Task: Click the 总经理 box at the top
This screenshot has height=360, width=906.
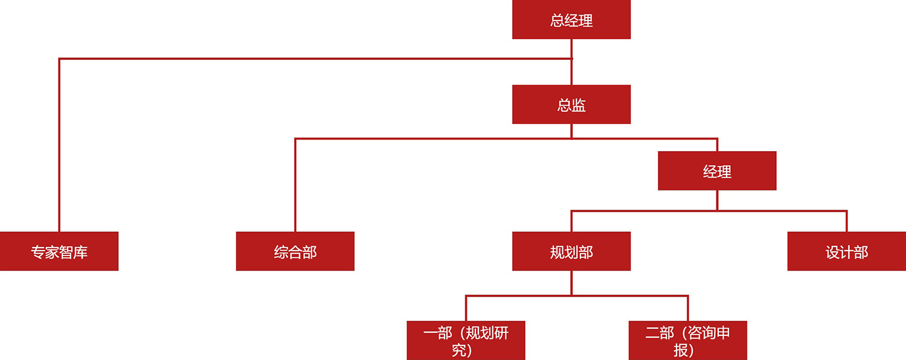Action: click(571, 20)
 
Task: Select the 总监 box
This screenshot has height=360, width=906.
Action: click(571, 104)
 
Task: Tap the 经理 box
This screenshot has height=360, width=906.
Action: click(717, 171)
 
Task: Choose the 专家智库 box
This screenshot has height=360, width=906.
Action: click(59, 251)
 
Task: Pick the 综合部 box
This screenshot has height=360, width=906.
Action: click(295, 251)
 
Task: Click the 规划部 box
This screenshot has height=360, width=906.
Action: click(571, 251)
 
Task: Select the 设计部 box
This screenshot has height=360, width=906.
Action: click(846, 251)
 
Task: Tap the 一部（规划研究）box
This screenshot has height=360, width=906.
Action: click(466, 341)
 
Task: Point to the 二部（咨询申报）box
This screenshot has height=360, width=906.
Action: click(688, 341)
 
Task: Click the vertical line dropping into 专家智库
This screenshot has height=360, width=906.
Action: click(59, 145)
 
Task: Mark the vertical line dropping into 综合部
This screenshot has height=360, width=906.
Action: click(295, 184)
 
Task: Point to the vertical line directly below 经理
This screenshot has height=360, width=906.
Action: click(717, 200)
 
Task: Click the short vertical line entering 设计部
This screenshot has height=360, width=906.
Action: click(847, 221)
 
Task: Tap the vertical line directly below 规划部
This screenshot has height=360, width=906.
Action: click(571, 283)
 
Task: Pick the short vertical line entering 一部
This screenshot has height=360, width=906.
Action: click(466, 308)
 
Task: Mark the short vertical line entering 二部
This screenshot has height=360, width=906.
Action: click(688, 308)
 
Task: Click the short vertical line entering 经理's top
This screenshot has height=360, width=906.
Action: click(717, 145)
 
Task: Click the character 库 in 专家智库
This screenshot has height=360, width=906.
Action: click(80, 252)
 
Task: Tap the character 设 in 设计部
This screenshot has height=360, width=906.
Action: click(832, 252)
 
